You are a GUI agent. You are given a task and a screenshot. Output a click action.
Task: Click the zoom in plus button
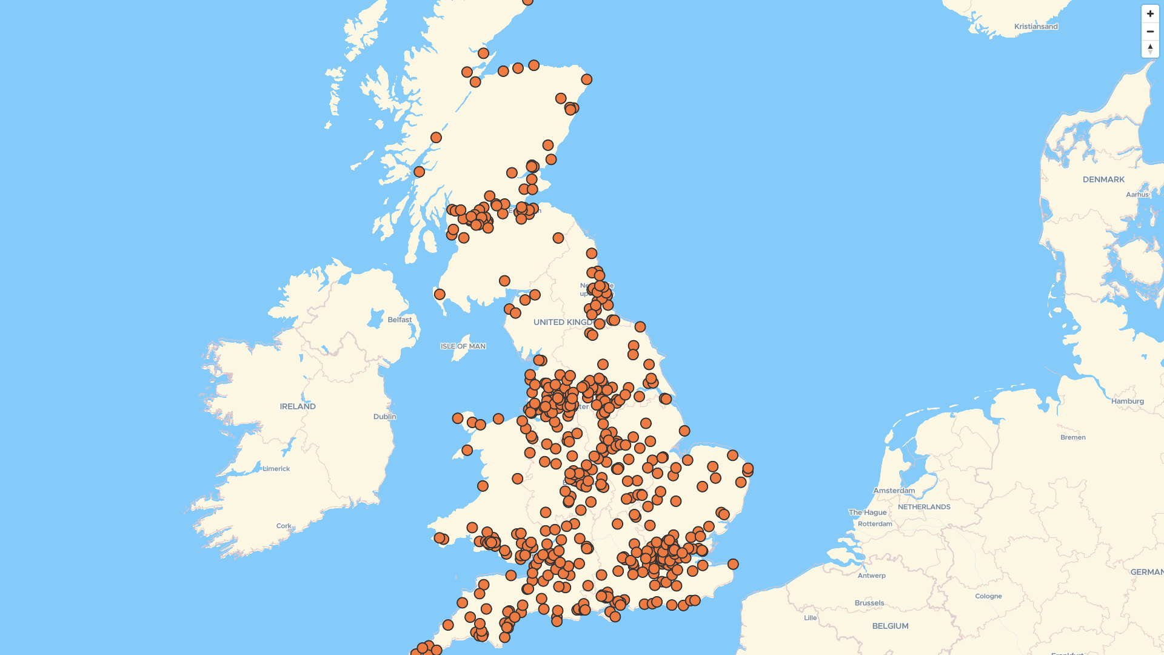coord(1150,14)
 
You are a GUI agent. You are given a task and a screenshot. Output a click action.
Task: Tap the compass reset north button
coord(1150,49)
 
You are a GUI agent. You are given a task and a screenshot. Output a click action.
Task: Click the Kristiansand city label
coord(1035,27)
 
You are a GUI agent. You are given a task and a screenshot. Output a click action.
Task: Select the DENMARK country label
coord(1103,180)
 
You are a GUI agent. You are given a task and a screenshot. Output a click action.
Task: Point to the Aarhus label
coord(1137,195)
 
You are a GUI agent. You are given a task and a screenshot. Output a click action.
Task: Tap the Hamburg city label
coord(1127,401)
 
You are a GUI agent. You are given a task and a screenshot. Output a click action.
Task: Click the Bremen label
coord(1072,437)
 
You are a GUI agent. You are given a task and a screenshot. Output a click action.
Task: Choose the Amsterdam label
coord(894,491)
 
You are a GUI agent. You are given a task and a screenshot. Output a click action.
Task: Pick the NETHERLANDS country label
coord(923,507)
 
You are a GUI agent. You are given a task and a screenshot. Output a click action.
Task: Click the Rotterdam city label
coord(875,524)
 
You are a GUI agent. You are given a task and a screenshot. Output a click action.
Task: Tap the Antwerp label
coord(871,576)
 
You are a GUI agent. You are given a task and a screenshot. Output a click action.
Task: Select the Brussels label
coord(869,603)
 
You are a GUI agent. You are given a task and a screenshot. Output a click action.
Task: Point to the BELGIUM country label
coord(890,626)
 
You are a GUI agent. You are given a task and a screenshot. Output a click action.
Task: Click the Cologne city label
coord(988,596)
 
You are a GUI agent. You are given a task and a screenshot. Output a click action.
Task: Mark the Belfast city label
coord(400,320)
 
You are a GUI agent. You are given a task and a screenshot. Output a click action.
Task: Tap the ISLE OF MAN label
coord(463,346)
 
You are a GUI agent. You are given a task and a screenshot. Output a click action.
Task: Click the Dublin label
coord(384,417)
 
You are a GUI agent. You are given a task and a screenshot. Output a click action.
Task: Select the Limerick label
coord(276,469)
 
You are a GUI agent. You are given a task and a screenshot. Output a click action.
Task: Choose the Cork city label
coord(283,526)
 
